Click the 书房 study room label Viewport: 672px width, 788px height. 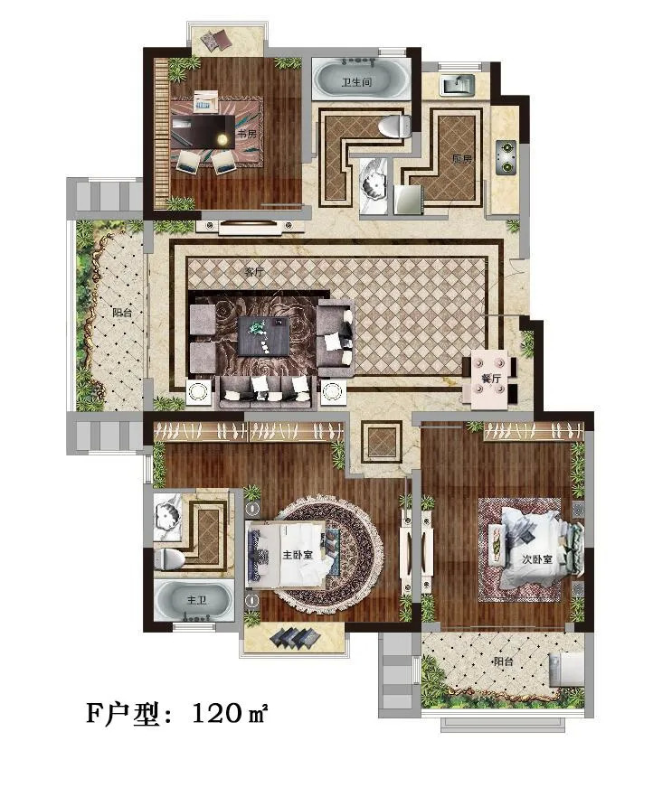[247, 134]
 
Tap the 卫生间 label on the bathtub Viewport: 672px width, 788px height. [356, 81]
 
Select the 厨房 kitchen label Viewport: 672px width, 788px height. [462, 159]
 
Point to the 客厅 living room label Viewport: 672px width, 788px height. [254, 272]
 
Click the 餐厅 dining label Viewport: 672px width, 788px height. [490, 378]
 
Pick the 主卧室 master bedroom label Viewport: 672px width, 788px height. [298, 555]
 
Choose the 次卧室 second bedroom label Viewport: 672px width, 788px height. [537, 558]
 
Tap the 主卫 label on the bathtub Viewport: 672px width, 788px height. [196, 600]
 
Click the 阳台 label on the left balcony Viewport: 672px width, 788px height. [122, 312]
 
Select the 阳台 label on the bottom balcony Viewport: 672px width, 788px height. [503, 661]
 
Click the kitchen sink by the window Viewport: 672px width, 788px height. [458, 84]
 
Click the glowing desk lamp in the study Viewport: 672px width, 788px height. [221, 139]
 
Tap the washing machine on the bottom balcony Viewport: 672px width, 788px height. [567, 670]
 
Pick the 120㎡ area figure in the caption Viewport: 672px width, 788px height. [230, 713]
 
